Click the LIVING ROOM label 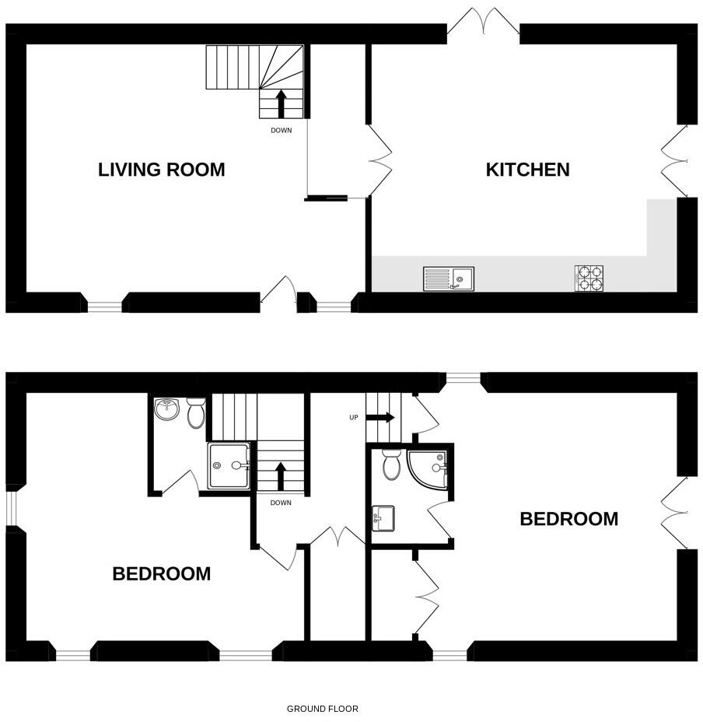(161, 170)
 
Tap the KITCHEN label (527, 170)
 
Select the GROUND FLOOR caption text (323, 709)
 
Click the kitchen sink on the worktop (449, 279)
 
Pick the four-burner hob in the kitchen (589, 279)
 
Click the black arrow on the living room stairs (281, 103)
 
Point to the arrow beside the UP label (380, 418)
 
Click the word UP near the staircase (354, 418)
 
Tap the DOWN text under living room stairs (281, 131)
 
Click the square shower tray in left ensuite (229, 465)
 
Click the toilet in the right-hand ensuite (391, 464)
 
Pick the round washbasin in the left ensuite (166, 409)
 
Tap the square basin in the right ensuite (383, 517)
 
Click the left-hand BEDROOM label (161, 574)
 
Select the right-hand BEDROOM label (568, 519)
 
